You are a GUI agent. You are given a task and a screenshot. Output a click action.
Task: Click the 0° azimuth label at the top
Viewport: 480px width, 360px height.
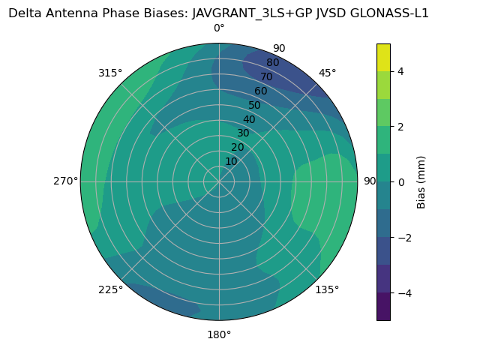coord(219,28)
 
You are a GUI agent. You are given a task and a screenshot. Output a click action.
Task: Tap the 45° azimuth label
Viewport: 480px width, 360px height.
coord(328,73)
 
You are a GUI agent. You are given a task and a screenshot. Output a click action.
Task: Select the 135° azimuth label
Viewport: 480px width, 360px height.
coord(327,289)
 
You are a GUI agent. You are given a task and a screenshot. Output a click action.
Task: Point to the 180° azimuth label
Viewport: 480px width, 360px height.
coord(219,334)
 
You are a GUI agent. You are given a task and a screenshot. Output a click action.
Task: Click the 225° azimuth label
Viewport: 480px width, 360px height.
coord(110,289)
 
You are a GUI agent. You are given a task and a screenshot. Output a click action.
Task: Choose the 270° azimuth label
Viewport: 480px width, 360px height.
coord(65,181)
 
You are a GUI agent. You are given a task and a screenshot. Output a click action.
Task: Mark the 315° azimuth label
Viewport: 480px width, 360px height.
coord(110,73)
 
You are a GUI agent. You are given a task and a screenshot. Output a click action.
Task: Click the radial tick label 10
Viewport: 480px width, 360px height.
coord(231,161)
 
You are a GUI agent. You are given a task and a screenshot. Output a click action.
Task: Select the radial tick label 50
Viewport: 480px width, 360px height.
coord(254,105)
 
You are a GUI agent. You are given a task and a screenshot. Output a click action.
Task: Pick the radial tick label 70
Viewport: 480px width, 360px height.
coord(266,77)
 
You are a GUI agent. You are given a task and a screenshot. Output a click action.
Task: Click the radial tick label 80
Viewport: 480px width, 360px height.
coord(272,63)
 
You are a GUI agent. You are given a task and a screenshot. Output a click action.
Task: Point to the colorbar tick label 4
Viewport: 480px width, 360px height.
coord(401,71)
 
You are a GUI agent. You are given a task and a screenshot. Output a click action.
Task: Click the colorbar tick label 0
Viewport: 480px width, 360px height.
coord(401,182)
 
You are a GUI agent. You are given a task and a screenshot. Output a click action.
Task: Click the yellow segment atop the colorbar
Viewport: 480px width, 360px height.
coord(383,58)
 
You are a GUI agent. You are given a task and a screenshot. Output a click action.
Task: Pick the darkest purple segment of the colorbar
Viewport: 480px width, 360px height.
coord(383,307)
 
